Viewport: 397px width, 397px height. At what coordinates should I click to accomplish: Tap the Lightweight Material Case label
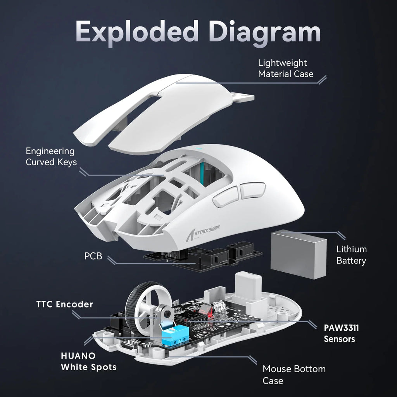click(x=286, y=68)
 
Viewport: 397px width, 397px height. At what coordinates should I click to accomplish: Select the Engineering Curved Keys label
click(x=50, y=157)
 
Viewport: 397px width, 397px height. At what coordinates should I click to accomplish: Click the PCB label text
click(x=93, y=256)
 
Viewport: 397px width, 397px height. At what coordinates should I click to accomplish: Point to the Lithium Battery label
click(x=351, y=255)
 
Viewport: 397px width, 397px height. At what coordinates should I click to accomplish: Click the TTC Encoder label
click(x=65, y=304)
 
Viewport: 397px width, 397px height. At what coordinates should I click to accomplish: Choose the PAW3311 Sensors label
click(x=341, y=333)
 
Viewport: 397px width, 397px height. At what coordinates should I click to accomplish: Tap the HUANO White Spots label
click(x=88, y=361)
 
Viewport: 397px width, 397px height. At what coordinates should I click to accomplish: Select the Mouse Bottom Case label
click(x=294, y=375)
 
